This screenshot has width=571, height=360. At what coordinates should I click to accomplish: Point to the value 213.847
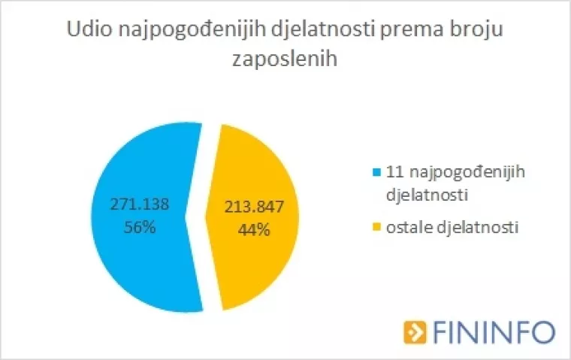253,208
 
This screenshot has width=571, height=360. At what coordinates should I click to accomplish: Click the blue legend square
376,173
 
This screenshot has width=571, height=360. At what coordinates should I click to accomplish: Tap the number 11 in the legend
391,172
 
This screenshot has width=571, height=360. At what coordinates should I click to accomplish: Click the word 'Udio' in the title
87,31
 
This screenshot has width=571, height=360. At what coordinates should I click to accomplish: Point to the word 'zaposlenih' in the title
285,59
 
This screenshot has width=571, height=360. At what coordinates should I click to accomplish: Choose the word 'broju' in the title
477,31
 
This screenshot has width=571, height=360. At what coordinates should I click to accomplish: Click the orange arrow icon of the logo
414,331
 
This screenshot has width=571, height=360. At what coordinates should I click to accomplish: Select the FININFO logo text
491,331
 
